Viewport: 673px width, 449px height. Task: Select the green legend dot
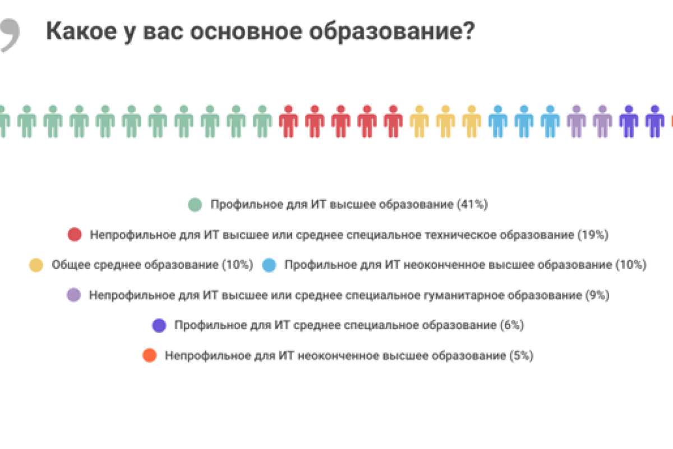click(195, 205)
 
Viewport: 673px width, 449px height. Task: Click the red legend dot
click(74, 235)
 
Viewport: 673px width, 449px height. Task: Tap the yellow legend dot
click(36, 265)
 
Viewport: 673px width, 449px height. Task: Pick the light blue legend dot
click(269, 265)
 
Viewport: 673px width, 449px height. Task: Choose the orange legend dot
click(149, 355)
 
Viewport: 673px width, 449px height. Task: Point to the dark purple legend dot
click(159, 325)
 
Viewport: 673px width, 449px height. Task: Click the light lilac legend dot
click(73, 295)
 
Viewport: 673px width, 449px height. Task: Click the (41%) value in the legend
click(472, 205)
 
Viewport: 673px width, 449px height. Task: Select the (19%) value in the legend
click(593, 235)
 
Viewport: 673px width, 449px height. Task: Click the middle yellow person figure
click(445, 121)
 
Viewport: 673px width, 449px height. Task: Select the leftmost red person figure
click(288, 121)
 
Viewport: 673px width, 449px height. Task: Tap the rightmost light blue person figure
click(550, 121)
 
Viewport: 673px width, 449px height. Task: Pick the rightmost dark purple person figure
click(654, 121)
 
